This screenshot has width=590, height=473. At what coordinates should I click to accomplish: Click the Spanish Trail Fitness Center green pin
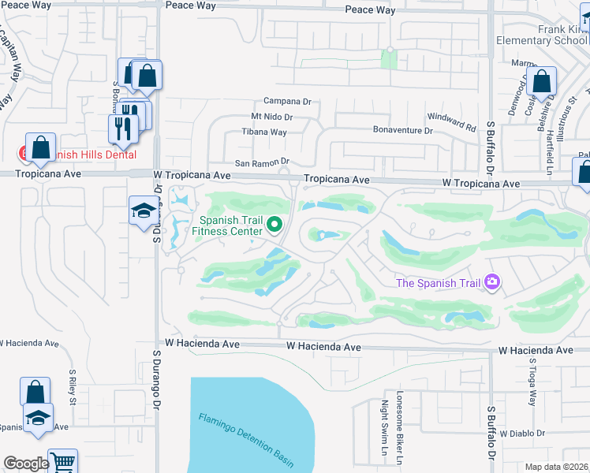point(274,225)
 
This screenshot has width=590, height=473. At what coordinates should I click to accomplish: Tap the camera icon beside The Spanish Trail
point(492,281)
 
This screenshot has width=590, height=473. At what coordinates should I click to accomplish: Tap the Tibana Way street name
point(264,132)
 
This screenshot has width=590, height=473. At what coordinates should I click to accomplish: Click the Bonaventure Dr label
point(402,130)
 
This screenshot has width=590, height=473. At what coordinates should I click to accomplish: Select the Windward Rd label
point(452,122)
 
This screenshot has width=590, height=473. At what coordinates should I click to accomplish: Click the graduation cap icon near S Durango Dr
point(143,210)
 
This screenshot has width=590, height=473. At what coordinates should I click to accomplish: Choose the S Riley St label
point(72,386)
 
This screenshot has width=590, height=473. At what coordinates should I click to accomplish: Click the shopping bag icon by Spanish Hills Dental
point(40,147)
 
